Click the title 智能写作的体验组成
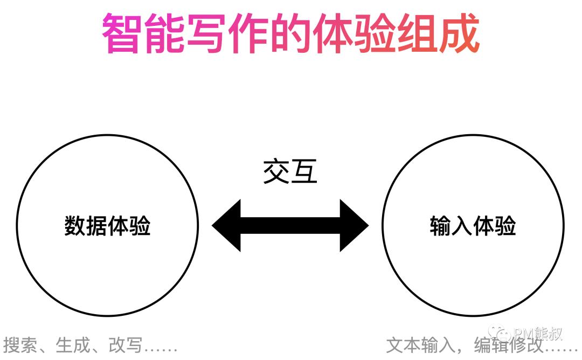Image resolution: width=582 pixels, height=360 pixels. tap(291, 33)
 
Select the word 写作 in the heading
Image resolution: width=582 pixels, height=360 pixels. tap(205, 33)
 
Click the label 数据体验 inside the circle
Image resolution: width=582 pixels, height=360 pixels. tap(107, 226)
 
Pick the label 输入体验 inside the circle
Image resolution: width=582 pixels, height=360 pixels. tap(473, 226)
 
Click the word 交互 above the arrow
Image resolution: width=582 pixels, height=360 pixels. tap(290, 172)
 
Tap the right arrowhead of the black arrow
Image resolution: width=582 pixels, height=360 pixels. tap(354, 226)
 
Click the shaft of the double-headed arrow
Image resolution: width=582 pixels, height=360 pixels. tap(290, 226)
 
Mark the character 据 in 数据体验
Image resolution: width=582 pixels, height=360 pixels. tap(97, 226)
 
